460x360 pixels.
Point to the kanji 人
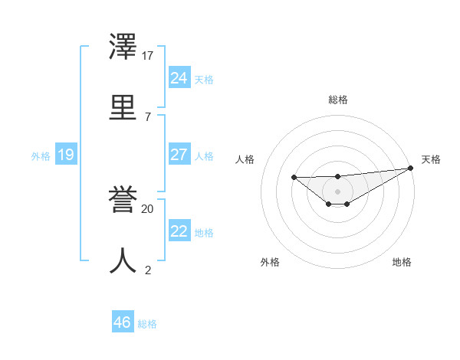(x=123, y=260)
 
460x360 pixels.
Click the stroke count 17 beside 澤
(x=148, y=55)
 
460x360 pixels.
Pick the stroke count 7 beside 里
(x=148, y=116)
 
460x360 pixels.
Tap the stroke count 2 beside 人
(x=148, y=270)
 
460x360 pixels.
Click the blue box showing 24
(x=179, y=78)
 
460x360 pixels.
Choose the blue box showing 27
(x=179, y=155)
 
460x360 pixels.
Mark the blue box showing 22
(x=179, y=231)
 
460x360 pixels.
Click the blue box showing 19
(x=65, y=155)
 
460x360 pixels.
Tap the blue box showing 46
(x=123, y=322)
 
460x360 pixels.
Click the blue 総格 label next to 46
(x=147, y=324)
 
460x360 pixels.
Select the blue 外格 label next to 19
(x=41, y=156)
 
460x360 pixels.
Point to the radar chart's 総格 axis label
(x=337, y=100)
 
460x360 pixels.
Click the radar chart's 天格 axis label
(x=431, y=159)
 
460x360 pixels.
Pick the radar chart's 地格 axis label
(x=402, y=262)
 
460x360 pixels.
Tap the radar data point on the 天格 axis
(x=411, y=168)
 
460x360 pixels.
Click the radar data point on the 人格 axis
(x=294, y=178)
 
